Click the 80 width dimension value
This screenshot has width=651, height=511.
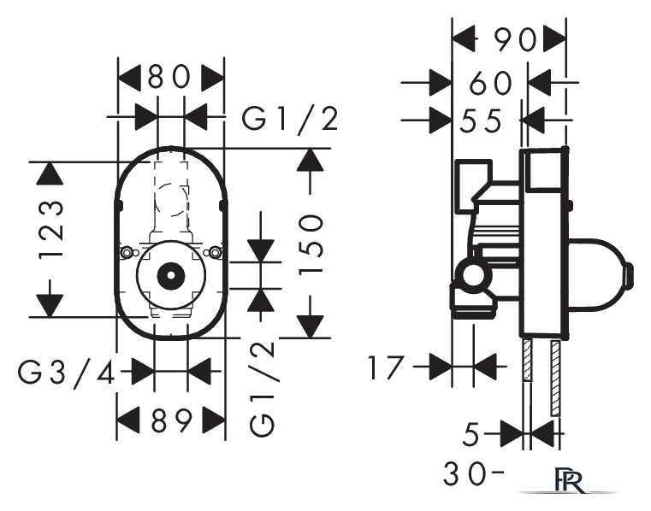pos(169,77)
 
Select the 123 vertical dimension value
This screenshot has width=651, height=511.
pos(51,229)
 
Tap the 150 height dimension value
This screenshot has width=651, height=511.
pos(311,244)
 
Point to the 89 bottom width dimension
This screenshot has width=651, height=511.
pos(170,420)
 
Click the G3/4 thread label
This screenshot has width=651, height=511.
pos(67,372)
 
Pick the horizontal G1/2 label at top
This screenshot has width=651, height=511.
pos(290,119)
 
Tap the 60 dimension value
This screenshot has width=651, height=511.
pos(490,83)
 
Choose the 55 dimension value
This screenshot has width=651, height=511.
pos(481,121)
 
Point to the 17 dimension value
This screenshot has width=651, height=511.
pos(386,367)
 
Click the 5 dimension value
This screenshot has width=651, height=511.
pos(470,435)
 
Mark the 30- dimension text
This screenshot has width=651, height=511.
pos(474,473)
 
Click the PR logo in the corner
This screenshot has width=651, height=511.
pos(569,481)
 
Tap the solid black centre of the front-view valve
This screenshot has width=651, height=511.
pos(170,275)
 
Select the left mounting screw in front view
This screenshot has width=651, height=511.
pos(127,252)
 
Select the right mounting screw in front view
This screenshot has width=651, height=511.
pos(214,252)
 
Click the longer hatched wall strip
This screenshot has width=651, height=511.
pos(554,378)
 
